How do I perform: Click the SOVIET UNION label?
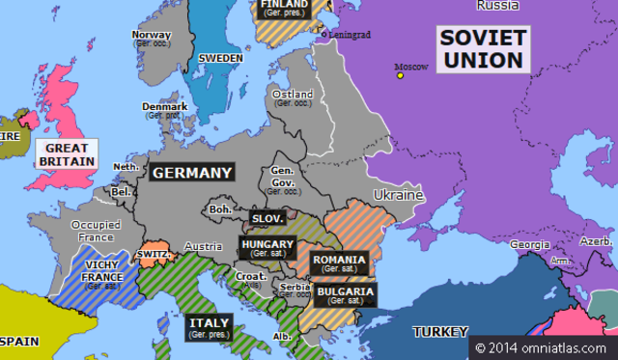tap(482, 49)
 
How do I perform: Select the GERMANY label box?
tap(191, 174)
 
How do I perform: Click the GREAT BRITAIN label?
tap(67, 155)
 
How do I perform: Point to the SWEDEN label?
tap(220, 58)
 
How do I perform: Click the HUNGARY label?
tap(263, 248)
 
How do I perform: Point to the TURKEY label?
tap(440, 332)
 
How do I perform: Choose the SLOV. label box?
tap(267, 219)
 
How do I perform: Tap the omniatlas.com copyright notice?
tap(543, 346)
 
